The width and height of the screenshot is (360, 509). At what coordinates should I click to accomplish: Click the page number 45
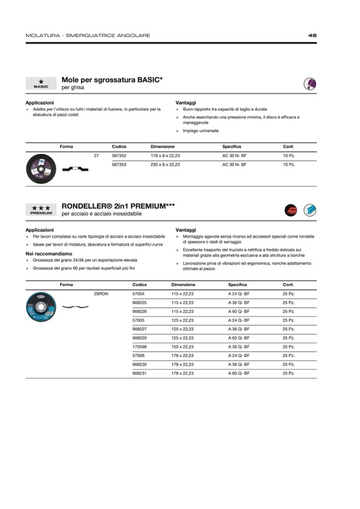pos(312,36)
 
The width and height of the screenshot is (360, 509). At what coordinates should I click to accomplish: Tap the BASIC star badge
pos(41,83)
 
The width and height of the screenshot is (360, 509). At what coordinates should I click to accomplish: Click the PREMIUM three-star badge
pos(41,210)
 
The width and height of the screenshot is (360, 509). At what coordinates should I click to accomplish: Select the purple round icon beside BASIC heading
pos(310,83)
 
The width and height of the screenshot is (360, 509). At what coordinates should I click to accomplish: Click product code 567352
pos(119,156)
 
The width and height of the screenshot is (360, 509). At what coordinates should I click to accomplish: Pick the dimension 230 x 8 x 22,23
pos(165,165)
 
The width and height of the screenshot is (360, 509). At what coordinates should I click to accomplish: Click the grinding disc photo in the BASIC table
pos(41,168)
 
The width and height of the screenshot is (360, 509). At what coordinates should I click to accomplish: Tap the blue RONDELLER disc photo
pos(41,306)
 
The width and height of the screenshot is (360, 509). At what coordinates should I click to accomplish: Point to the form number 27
pos(96,156)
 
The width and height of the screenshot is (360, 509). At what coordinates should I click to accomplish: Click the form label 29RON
pos(101,294)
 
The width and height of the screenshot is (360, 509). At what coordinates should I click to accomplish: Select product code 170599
pos(139,347)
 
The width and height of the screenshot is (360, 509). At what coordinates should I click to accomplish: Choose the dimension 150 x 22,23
pos(182,347)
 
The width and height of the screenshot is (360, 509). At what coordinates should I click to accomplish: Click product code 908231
pos(139,374)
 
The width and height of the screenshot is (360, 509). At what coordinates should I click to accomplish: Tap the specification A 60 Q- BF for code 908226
pos(239,311)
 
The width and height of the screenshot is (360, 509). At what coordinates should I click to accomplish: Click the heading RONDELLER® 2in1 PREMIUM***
pos(118,206)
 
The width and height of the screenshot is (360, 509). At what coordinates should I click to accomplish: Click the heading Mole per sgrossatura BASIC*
pos(112,80)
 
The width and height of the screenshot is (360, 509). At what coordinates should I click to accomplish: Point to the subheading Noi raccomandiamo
pos(48,254)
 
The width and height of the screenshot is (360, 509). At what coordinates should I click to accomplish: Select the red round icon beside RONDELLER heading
pos(291,210)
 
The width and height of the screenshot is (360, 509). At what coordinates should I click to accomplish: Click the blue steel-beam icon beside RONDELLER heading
pos(310,210)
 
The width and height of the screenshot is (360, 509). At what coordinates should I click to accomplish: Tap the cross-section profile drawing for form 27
pos(75,169)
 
